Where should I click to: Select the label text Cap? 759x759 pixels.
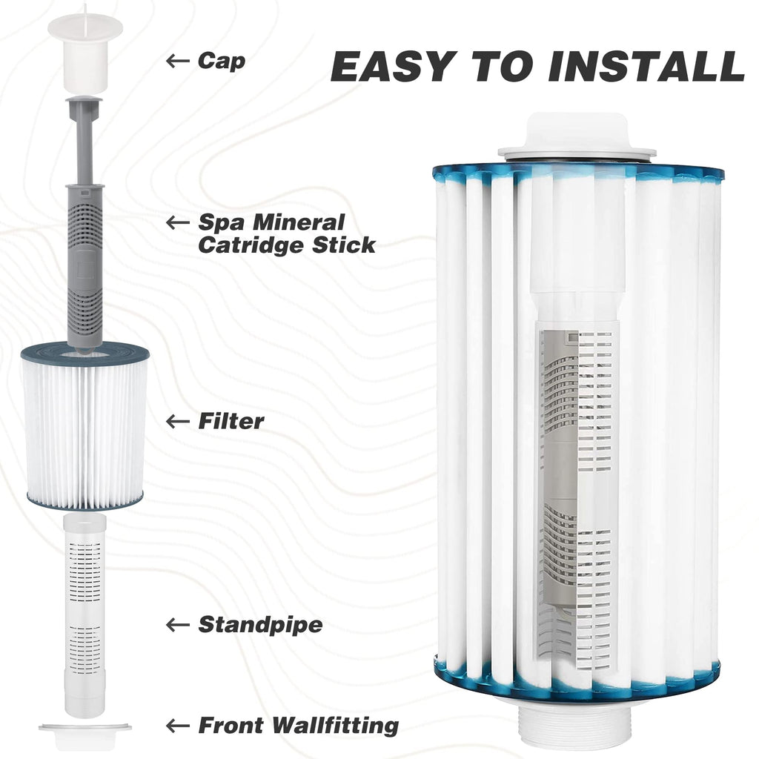(221, 62)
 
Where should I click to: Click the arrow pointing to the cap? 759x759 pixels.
(177, 61)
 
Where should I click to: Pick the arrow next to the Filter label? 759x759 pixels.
(177, 421)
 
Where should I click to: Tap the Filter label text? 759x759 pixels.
(231, 421)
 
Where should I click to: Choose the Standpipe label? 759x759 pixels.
(260, 625)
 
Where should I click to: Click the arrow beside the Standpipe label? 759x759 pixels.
(177, 625)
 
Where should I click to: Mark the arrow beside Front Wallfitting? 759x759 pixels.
(177, 726)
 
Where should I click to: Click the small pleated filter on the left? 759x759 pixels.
(84, 426)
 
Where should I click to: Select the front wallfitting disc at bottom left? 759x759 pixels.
(84, 735)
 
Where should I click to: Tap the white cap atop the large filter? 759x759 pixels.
(576, 138)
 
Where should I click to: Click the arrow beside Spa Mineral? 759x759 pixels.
(177, 222)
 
